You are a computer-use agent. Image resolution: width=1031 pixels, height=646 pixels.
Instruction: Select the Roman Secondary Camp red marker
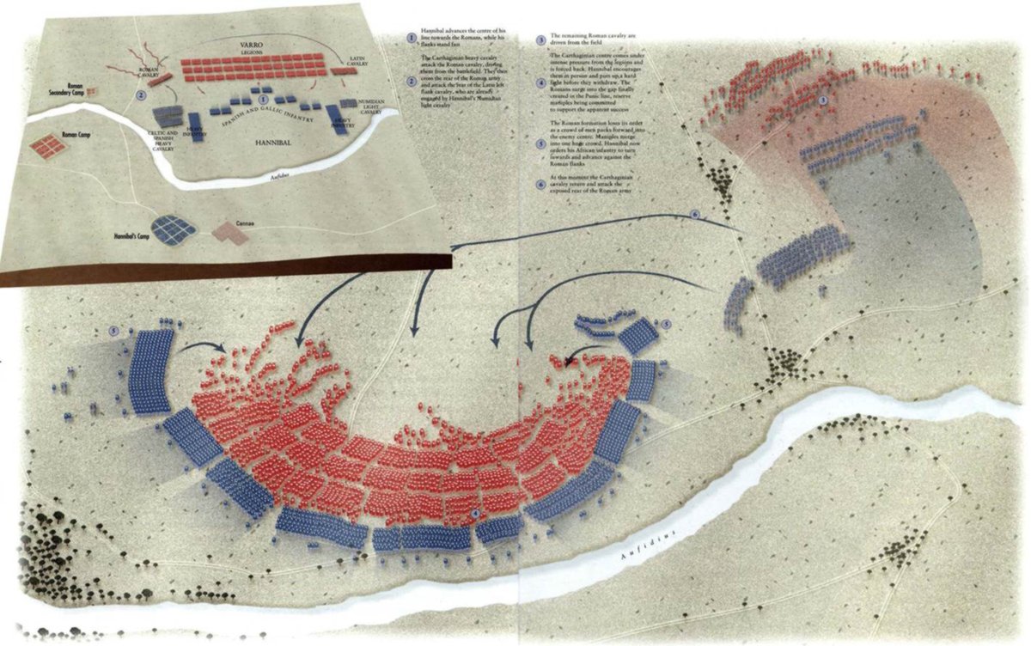[x=94, y=89]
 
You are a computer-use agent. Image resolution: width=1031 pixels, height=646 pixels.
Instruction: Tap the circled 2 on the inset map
[x=140, y=95]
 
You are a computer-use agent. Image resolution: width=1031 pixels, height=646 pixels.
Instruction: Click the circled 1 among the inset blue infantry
[x=262, y=101]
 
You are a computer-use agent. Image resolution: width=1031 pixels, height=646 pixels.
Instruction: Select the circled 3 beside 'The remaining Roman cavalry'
[x=540, y=40]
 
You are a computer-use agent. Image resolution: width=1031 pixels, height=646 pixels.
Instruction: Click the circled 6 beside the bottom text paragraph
[x=540, y=183]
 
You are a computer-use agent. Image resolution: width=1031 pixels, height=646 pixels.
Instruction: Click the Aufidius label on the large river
[x=650, y=544]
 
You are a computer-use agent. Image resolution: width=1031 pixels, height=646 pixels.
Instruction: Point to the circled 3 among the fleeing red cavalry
[x=823, y=101]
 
